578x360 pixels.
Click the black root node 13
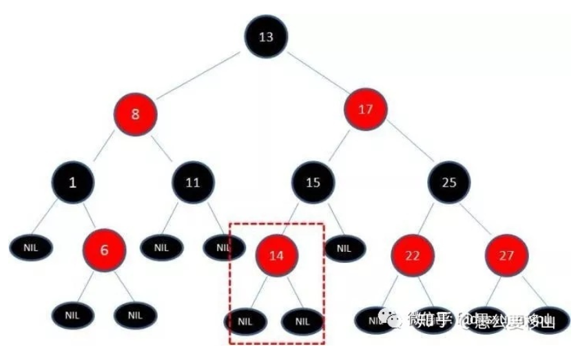266,36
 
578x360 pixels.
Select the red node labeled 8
135,114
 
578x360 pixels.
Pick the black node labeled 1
72,182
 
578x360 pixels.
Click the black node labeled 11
194,182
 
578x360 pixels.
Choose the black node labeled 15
313,182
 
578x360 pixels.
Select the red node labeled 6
105,250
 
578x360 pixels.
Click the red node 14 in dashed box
276,255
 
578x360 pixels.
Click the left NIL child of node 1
30,246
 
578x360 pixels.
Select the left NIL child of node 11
161,246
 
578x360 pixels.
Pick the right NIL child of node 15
344,246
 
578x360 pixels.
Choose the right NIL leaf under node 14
302,321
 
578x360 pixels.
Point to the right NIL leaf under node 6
135,315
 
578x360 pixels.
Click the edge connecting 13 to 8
200,76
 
